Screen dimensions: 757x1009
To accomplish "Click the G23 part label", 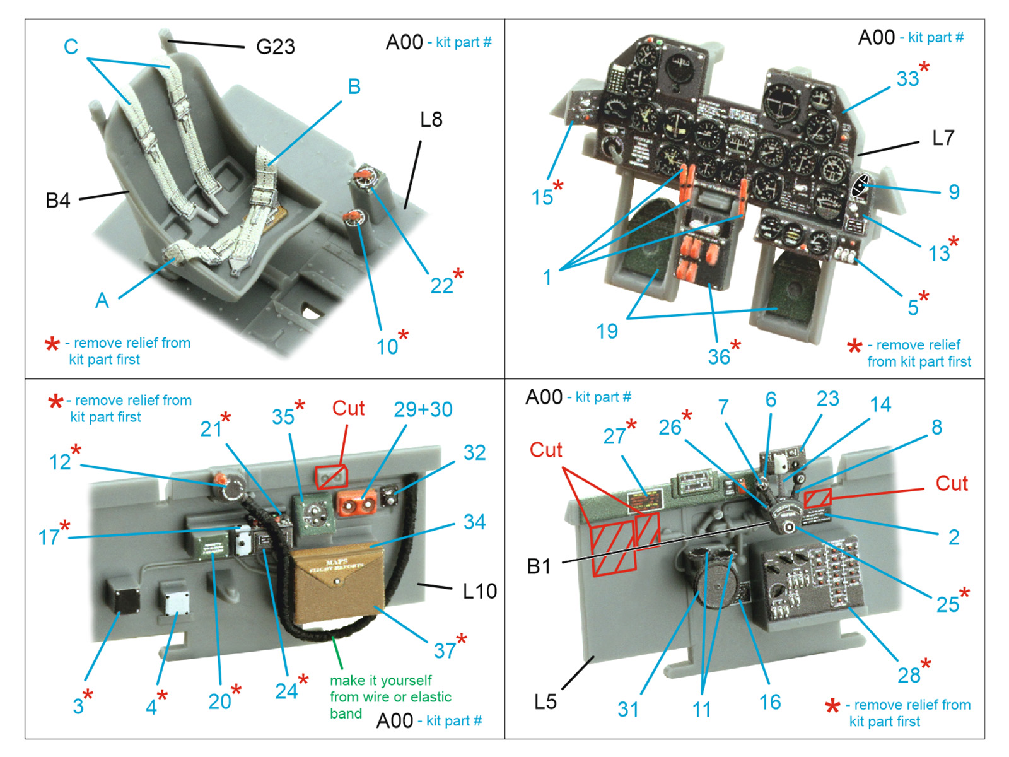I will click(x=275, y=47).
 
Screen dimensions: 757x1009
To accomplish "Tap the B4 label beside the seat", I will click(x=57, y=201).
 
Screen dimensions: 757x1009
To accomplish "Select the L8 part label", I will click(x=431, y=119).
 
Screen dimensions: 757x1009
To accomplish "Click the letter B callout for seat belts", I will click(x=354, y=87).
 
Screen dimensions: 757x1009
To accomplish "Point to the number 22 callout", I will click(x=442, y=286).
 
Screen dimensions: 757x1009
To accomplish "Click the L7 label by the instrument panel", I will click(x=943, y=138).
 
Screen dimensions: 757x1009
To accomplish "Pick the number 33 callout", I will click(x=907, y=79).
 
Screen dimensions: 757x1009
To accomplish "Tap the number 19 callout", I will click(x=607, y=331).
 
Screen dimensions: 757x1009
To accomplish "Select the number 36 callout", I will click(x=719, y=357).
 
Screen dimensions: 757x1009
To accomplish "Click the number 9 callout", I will click(x=954, y=192).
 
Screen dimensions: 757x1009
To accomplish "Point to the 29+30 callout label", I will click(x=423, y=409).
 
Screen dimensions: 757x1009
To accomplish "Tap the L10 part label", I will click(x=479, y=591).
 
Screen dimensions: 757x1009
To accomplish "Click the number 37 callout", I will click(x=445, y=650).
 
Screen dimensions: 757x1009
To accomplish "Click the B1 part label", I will click(x=539, y=566).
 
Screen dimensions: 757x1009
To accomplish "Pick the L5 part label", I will click(x=545, y=701).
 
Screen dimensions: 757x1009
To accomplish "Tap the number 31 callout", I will click(x=627, y=709).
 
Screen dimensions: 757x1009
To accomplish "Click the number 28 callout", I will click(x=909, y=676).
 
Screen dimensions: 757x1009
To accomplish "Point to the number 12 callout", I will click(x=60, y=462).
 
